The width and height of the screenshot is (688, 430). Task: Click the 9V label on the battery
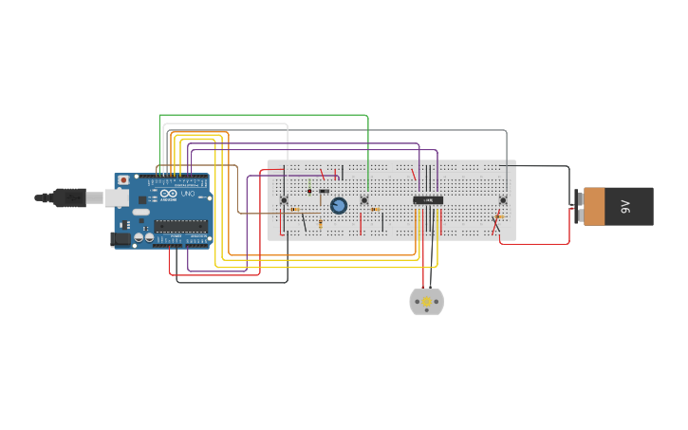coord(625,206)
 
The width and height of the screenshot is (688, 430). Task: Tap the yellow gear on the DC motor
coord(426,302)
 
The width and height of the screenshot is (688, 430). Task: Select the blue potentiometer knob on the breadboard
coord(338,205)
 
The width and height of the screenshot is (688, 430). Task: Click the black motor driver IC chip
coord(427,199)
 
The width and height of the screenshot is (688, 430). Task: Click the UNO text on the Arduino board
coord(187,195)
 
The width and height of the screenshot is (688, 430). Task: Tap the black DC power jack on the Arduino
coord(121,239)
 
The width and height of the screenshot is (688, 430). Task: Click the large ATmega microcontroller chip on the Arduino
coord(180,226)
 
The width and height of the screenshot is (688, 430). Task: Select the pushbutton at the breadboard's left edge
coord(284,199)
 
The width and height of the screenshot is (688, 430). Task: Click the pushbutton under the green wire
coord(363,199)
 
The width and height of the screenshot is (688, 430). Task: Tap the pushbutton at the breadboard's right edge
coord(503,199)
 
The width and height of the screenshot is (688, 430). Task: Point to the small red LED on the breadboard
coord(309,191)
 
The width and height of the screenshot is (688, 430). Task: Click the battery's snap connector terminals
coord(579,206)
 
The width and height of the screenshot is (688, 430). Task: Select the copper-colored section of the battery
coord(594,206)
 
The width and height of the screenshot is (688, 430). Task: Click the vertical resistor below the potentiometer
coord(320,224)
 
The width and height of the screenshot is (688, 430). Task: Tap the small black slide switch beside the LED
coord(324,191)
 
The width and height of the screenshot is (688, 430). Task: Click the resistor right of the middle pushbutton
coord(376,209)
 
